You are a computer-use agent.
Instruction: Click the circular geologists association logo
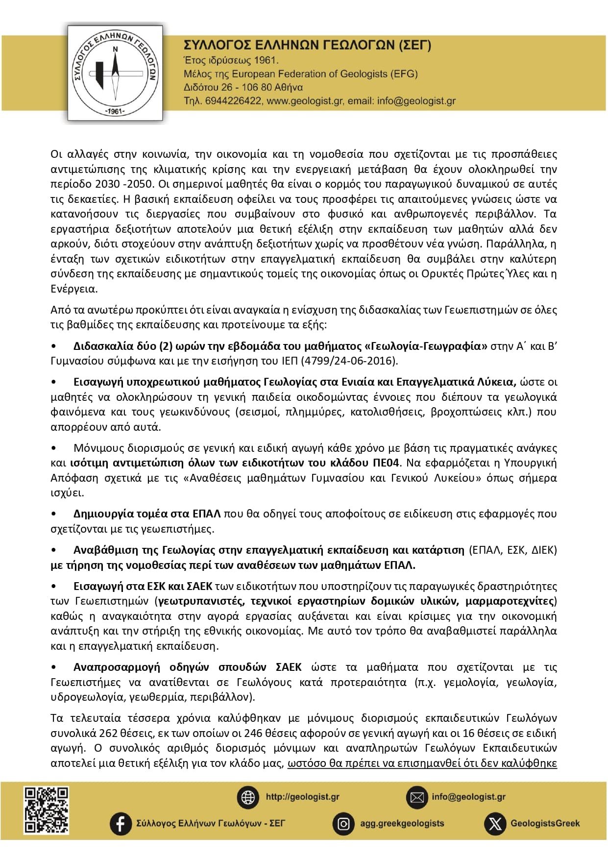115,73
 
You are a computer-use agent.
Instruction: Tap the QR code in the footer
47,810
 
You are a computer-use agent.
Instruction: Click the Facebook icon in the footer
121,823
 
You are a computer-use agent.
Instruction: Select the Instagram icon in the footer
344,824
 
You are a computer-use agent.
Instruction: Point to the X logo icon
495,824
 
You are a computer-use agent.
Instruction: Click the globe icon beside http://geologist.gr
248,797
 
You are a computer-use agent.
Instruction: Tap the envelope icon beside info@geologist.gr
417,797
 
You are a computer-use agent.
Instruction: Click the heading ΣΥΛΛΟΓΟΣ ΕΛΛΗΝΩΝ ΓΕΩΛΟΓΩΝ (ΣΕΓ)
307,46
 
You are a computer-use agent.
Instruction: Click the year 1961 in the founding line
265,60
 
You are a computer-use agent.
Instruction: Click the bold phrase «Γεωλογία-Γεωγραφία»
426,346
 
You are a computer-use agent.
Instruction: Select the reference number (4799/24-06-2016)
349,361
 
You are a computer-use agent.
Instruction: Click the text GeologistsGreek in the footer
545,824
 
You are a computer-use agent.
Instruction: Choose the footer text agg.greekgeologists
402,824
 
